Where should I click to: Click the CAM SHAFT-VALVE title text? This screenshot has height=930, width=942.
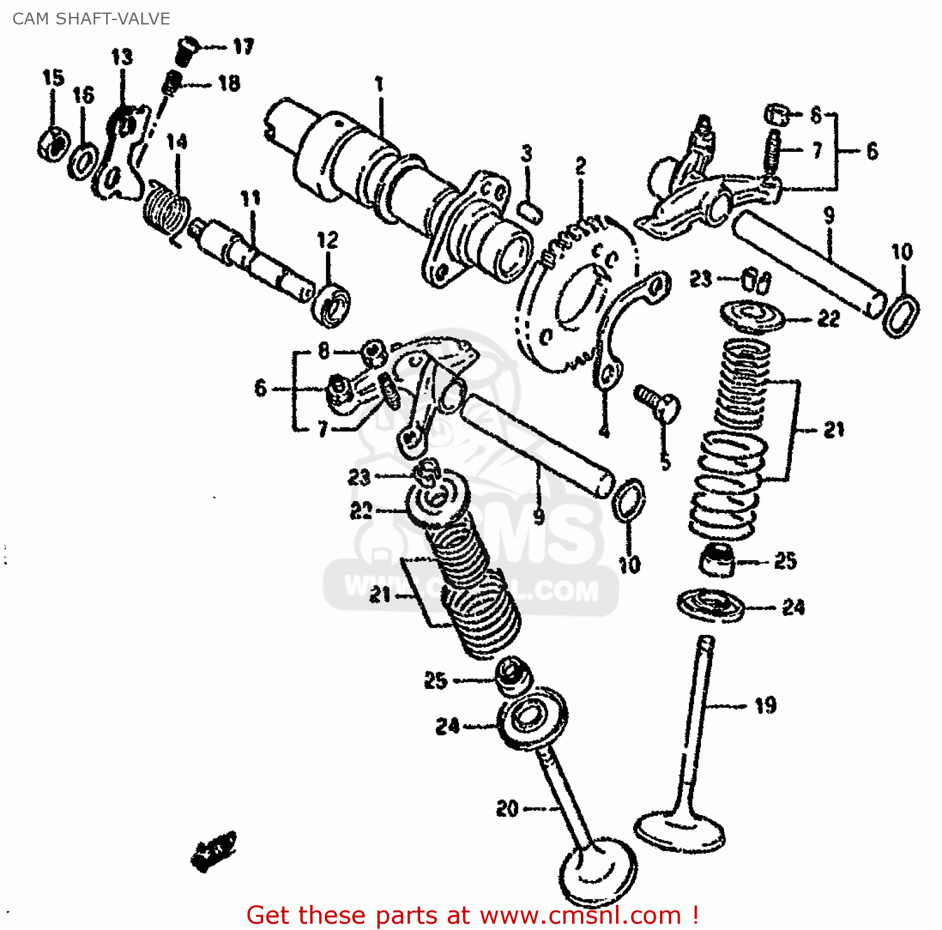click(91, 19)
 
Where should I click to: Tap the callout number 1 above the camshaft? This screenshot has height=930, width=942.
click(379, 84)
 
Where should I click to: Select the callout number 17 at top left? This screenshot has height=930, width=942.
click(243, 46)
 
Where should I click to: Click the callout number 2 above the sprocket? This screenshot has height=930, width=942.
click(580, 167)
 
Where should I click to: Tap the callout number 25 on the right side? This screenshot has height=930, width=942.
click(785, 561)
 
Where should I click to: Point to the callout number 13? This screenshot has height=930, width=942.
click(122, 58)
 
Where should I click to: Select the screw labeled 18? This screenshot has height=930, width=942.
click(171, 83)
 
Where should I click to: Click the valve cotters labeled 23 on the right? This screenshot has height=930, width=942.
click(756, 280)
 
